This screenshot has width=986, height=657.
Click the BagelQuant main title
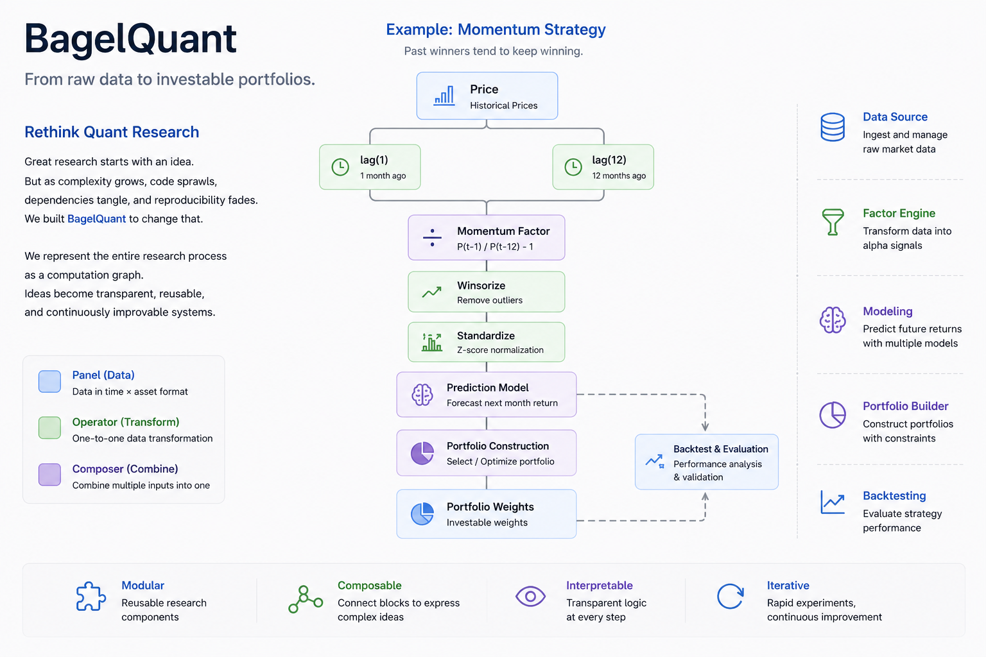pos(130,40)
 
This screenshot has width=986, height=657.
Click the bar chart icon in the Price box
pos(444,96)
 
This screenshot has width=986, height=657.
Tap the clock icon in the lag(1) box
pos(340,167)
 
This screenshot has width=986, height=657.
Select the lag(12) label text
pos(609,160)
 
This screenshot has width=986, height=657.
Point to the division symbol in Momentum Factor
pos(432,237)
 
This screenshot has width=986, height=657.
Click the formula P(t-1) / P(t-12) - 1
pos(495,246)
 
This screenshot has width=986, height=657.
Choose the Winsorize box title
pos(481,286)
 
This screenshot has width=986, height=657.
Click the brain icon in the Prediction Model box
pos(422,395)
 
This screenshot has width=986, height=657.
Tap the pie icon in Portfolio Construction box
pos(422,453)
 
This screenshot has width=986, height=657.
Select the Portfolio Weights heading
pos(490,507)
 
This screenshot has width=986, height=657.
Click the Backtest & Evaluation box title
pos(721,449)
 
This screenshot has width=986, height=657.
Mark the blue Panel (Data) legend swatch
pos(49,382)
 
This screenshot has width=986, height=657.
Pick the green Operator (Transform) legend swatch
pos(49,428)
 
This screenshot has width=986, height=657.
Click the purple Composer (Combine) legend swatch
pos(49,474)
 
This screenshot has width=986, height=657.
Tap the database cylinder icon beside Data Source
pos(833,127)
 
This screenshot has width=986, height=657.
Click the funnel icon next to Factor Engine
pos(833,222)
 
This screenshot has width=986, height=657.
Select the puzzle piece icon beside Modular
pos(91,597)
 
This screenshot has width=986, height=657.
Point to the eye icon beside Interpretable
pos(530,596)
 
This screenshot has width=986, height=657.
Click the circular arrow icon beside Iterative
pos(731,596)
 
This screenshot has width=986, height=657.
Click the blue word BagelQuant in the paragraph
pos(96,219)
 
